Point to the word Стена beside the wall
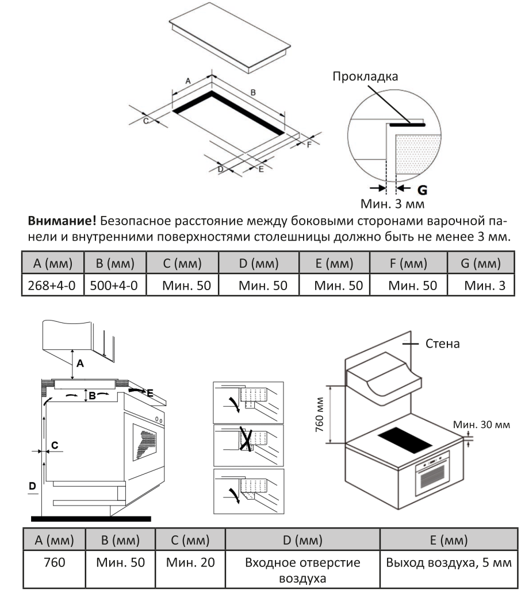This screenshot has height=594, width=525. pyautogui.click(x=442, y=345)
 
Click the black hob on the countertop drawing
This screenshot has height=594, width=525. pyautogui.click(x=406, y=439)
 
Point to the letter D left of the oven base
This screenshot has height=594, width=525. pyautogui.click(x=33, y=487)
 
